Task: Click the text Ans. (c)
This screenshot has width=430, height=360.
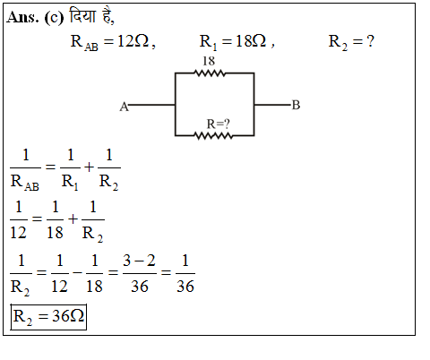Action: click(x=35, y=17)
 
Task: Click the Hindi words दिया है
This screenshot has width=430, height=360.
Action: click(x=90, y=16)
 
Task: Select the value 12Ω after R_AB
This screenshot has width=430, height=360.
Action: click(x=133, y=41)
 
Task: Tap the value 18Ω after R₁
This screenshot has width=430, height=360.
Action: click(x=251, y=41)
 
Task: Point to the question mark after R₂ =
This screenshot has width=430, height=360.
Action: click(x=370, y=41)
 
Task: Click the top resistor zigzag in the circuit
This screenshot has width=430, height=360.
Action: click(x=210, y=73)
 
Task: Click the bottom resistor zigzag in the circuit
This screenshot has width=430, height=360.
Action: click(x=213, y=136)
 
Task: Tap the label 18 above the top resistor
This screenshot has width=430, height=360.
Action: click(x=209, y=61)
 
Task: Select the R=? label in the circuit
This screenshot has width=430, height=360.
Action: click(x=219, y=124)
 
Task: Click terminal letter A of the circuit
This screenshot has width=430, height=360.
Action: click(x=124, y=107)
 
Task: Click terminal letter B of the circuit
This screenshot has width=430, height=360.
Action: click(x=296, y=105)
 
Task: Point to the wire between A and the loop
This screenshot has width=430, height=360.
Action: click(x=151, y=105)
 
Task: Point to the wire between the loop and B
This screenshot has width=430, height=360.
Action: click(x=272, y=105)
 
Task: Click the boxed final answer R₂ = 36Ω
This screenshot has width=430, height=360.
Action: click(x=48, y=317)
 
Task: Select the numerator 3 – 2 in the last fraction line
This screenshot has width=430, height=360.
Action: click(x=139, y=261)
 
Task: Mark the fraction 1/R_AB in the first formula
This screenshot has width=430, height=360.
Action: click(x=25, y=169)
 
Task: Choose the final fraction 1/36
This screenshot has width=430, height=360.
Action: click(x=185, y=274)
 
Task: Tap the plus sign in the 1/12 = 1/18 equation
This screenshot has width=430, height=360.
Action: click(x=73, y=219)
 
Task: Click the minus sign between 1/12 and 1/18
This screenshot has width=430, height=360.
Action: click(x=77, y=272)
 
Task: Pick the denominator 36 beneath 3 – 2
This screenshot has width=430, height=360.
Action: click(x=140, y=287)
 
